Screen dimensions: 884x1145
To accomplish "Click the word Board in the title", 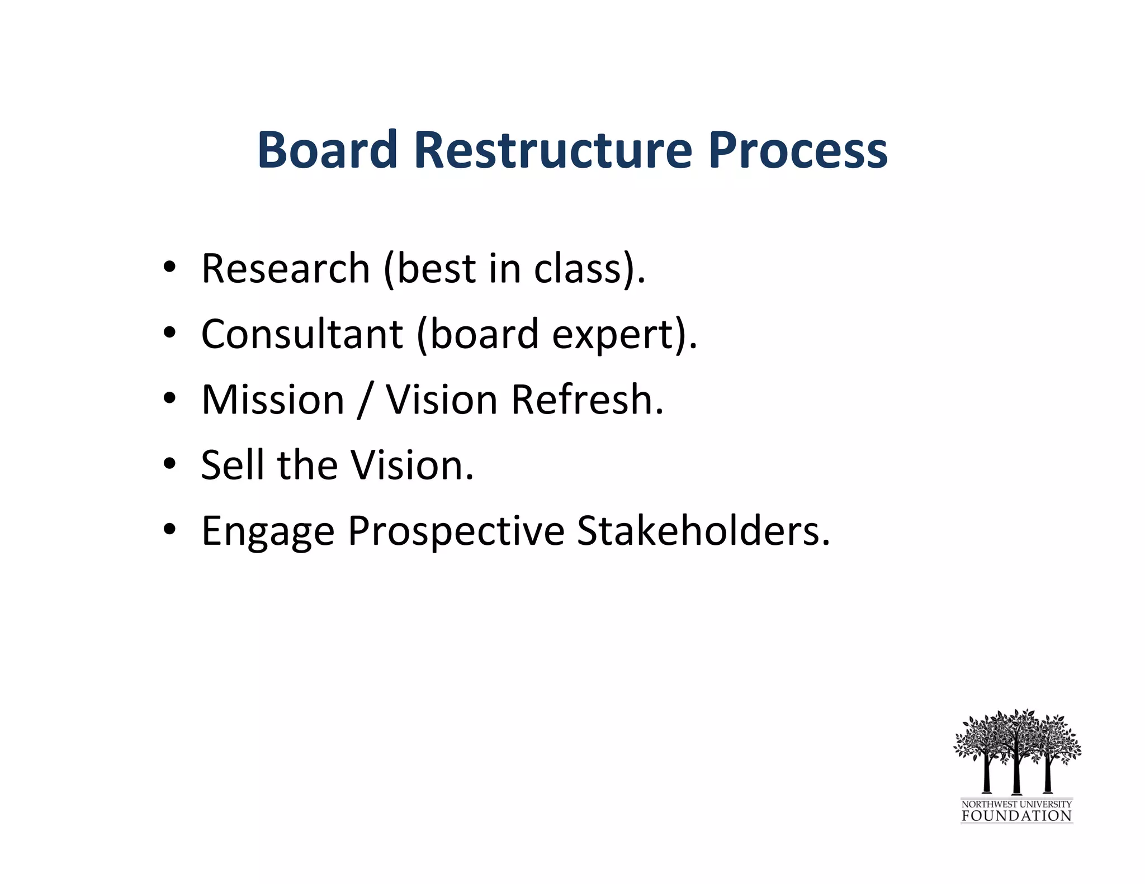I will point(327,150).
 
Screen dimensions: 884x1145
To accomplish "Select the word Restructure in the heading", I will point(553,150).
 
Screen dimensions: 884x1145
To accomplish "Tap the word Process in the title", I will point(798,150).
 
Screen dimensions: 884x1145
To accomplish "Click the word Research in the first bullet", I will point(285,269).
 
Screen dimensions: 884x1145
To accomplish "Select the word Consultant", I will point(302,334).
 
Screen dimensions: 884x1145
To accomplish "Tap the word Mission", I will point(273,400).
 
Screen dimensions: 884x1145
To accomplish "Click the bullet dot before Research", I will point(170,267).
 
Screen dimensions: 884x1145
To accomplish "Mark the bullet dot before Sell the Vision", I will point(170,464).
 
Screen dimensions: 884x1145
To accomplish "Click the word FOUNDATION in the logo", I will point(1016,816).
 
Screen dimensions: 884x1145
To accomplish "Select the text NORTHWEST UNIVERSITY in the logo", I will point(1016,804).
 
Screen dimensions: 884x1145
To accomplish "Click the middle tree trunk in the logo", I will point(1017,774).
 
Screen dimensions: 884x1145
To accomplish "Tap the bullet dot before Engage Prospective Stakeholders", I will point(170,529).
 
